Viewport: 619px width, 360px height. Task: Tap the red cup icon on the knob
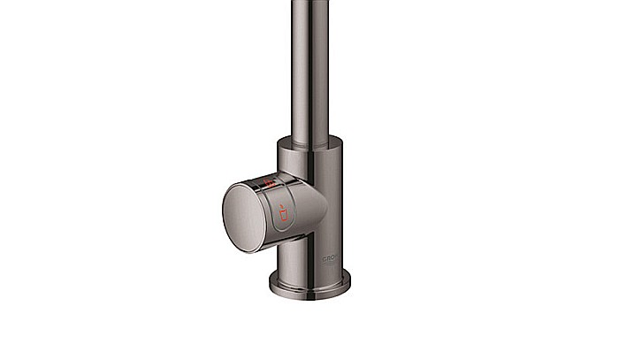click(283, 213)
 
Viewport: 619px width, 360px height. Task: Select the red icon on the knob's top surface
click(266, 183)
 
